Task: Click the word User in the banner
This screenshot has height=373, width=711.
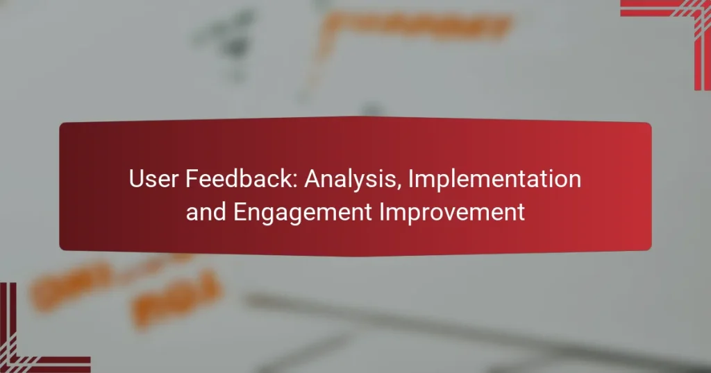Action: tap(153, 180)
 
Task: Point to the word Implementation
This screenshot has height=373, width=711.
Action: tap(494, 180)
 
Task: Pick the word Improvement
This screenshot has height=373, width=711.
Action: tap(454, 212)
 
